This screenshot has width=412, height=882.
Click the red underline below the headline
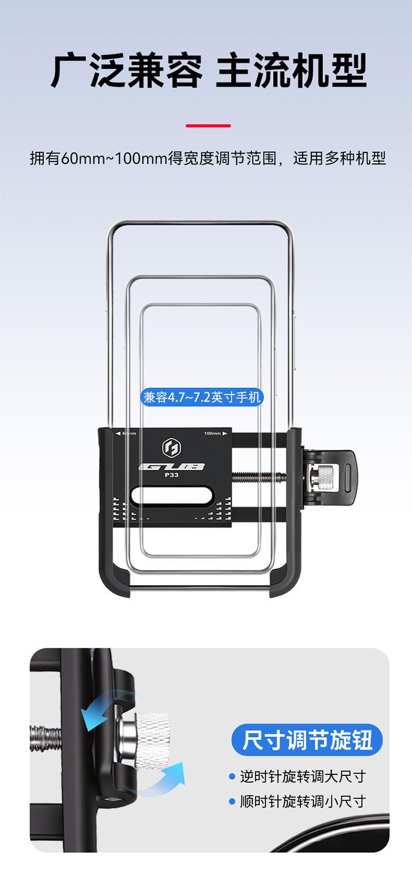208,126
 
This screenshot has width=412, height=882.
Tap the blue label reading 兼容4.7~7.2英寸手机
202,397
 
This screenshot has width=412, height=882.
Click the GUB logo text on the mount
171,467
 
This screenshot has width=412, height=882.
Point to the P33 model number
171,475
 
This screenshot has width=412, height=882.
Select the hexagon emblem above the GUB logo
171,448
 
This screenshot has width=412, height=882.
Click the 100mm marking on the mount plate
213,434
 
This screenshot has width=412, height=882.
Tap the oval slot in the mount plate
172,495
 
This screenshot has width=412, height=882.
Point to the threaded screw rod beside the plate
259,477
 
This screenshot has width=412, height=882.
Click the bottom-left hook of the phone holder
114,578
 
